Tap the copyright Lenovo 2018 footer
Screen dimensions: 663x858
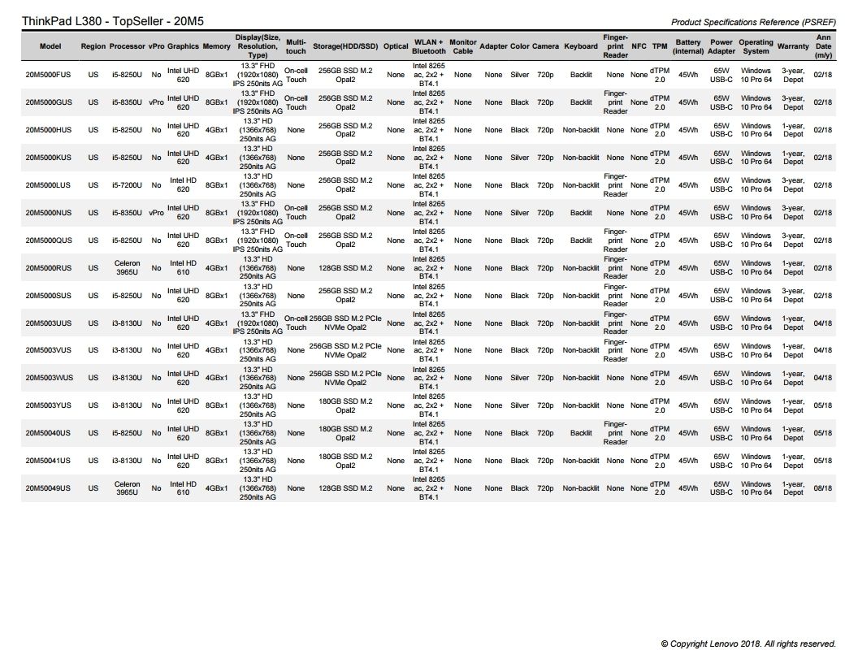[x=748, y=643]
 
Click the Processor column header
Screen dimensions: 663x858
[x=127, y=46]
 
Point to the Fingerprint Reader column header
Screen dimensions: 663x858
[x=615, y=46]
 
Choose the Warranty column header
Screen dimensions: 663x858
[x=793, y=46]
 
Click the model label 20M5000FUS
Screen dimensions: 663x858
[x=48, y=75]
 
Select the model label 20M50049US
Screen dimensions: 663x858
[x=48, y=488]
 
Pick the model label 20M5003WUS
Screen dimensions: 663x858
[x=49, y=378]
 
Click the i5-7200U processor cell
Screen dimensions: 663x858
[x=127, y=185]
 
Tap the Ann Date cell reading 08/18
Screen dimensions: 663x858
[x=822, y=488]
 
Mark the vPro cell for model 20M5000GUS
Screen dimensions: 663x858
[x=156, y=102]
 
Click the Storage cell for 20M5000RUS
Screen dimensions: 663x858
[x=345, y=268]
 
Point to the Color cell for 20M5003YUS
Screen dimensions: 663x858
[x=520, y=405]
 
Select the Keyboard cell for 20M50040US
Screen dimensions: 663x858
[x=581, y=433]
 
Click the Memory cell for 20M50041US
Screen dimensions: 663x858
[x=216, y=461]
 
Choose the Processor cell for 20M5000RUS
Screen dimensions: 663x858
[x=127, y=268]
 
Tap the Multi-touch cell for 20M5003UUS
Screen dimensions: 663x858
[x=297, y=323]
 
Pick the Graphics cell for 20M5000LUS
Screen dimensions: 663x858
[x=184, y=185]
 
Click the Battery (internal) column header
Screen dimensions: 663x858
[x=688, y=46]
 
